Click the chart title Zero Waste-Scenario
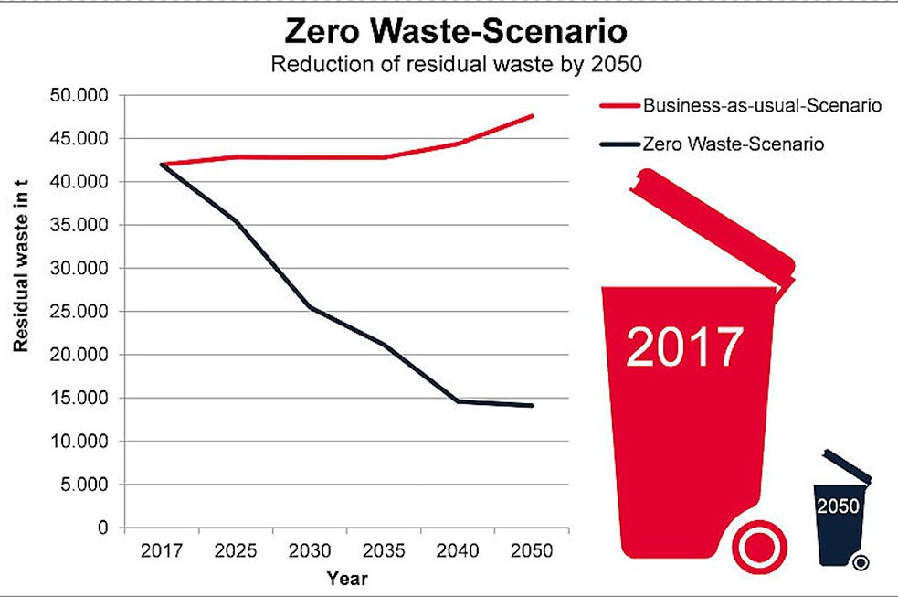pyautogui.click(x=456, y=32)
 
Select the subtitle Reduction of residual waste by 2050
pyautogui.click(x=456, y=65)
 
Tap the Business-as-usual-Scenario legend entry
pyautogui.click(x=762, y=106)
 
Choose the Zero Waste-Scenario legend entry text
pyautogui.click(x=734, y=144)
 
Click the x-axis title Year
pyautogui.click(x=347, y=578)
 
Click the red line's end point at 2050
pyautogui.click(x=533, y=116)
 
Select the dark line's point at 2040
pyautogui.click(x=459, y=401)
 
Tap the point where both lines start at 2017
pyautogui.click(x=162, y=165)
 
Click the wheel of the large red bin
pyautogui.click(x=760, y=548)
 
